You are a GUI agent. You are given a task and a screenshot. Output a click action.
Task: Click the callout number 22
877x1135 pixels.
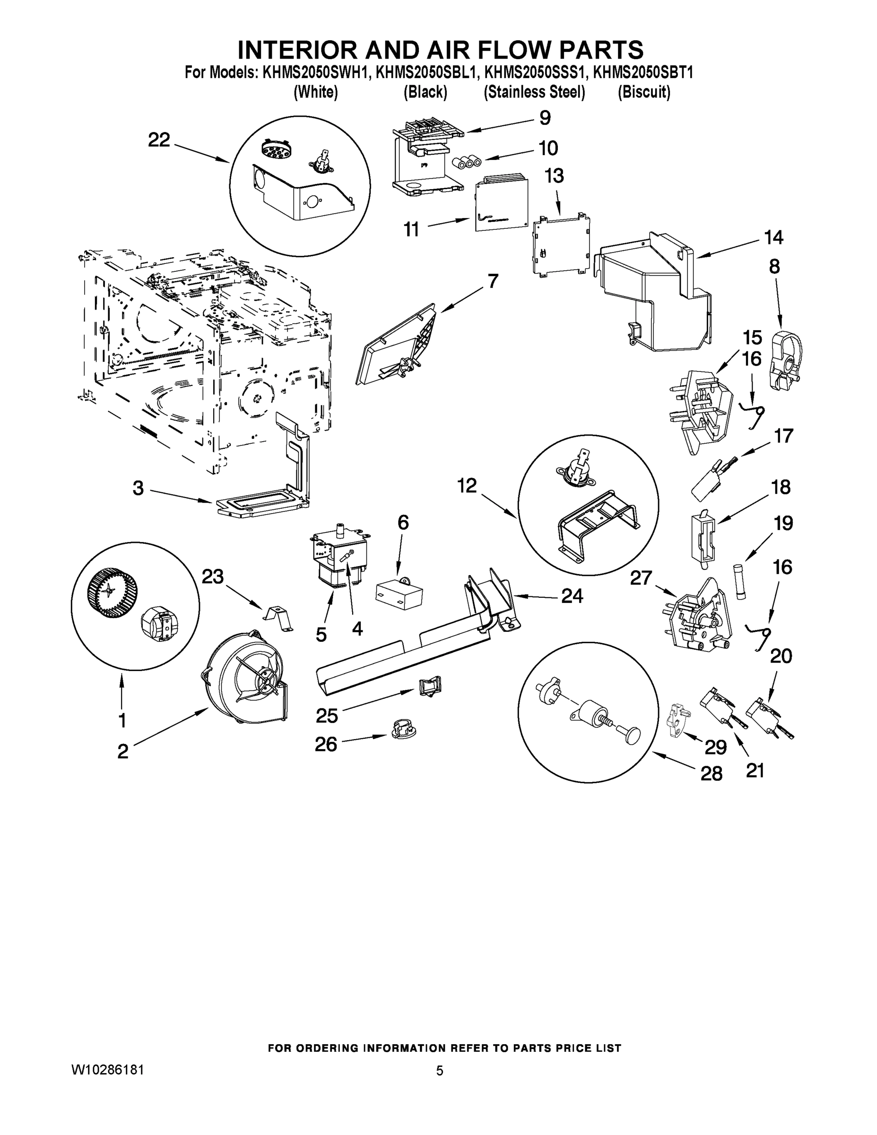tap(158, 140)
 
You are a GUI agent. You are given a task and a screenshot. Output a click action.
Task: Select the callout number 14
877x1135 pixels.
tap(773, 237)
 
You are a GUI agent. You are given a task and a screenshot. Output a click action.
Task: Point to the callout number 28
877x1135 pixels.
tap(711, 774)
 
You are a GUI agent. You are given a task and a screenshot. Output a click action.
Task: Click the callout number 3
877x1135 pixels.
tap(138, 488)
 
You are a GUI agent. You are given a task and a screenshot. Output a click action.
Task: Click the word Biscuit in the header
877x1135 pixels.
tap(644, 93)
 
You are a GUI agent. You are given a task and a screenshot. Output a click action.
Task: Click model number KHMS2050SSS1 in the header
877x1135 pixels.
tap(534, 73)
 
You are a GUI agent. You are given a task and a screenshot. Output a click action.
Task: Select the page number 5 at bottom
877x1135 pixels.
tap(440, 1071)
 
